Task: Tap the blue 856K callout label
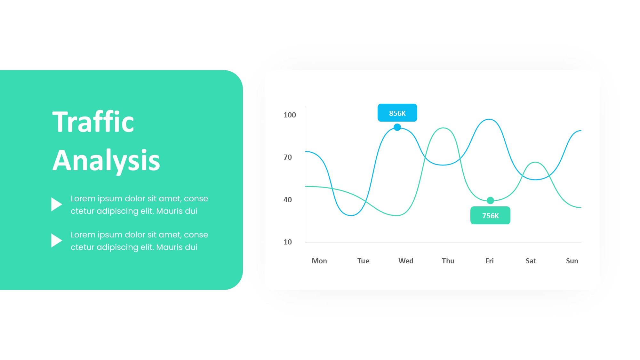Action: coord(397,113)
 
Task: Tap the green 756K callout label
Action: coord(490,215)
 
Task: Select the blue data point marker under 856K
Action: coord(397,127)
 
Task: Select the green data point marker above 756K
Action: coord(490,201)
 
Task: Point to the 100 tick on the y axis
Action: coord(290,115)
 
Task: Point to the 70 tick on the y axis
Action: coord(288,157)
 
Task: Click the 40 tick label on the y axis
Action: coord(288,200)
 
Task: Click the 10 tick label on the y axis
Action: coord(288,242)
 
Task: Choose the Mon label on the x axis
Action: coord(319,261)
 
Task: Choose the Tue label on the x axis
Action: coord(363,261)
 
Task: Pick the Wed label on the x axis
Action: coord(406,261)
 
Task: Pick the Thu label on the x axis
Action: coord(448,261)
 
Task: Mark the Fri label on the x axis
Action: coord(490,261)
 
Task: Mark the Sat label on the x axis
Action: coord(531,261)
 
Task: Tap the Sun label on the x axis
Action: coord(572,261)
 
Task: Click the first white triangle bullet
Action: coord(56,204)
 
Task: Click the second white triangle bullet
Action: coord(56,240)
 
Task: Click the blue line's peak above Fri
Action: coord(489,119)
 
